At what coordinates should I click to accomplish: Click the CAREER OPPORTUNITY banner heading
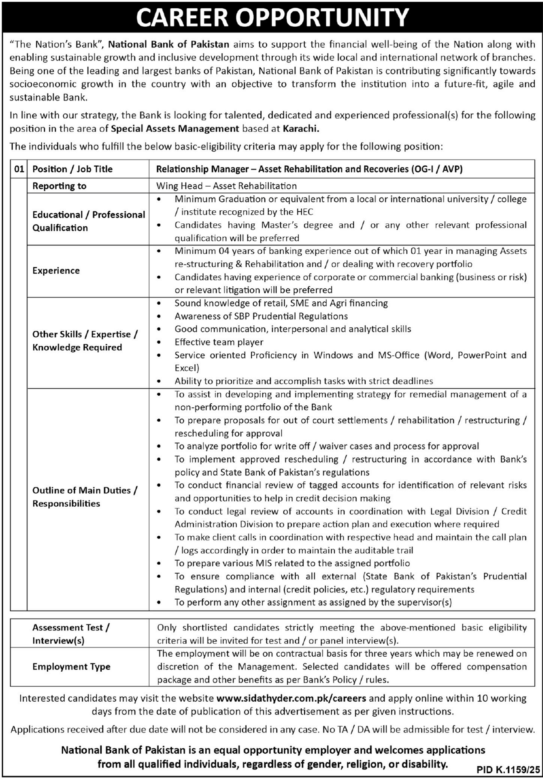[272, 17]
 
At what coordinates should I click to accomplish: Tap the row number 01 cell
[19, 169]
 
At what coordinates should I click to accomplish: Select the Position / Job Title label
[73, 169]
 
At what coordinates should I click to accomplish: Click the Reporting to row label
[60, 186]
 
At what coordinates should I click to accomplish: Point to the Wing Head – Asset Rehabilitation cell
[226, 186]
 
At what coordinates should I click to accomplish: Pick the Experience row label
[56, 271]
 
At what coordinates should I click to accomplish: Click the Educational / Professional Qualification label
[88, 221]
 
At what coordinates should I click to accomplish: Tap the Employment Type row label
[71, 667]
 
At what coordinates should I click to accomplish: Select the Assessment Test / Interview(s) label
[71, 634]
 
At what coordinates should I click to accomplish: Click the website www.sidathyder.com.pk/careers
[291, 698]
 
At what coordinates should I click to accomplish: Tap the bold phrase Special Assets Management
[175, 129]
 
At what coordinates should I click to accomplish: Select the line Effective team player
[219, 342]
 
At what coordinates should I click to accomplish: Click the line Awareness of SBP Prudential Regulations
[261, 316]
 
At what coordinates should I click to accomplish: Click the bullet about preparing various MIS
[292, 563]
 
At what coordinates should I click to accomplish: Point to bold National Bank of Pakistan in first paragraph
[169, 44]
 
